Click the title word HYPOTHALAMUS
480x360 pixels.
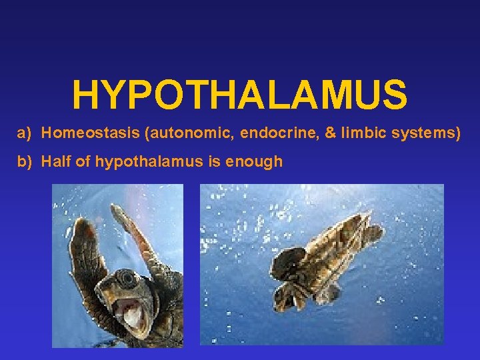[x=239, y=95]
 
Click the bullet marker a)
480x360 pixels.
[x=25, y=133]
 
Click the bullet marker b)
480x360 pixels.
[x=25, y=161]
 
